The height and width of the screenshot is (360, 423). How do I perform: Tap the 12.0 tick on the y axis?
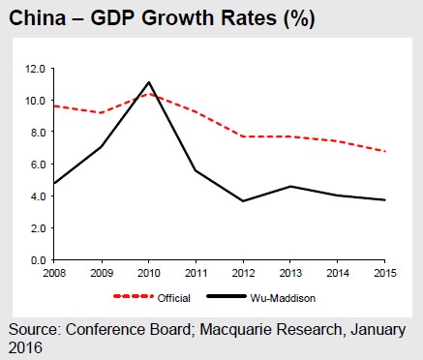37,69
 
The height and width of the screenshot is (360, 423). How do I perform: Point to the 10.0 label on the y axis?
37,101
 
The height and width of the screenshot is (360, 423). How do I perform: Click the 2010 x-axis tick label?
150,273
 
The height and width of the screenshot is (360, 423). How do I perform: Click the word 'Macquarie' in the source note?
236,331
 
